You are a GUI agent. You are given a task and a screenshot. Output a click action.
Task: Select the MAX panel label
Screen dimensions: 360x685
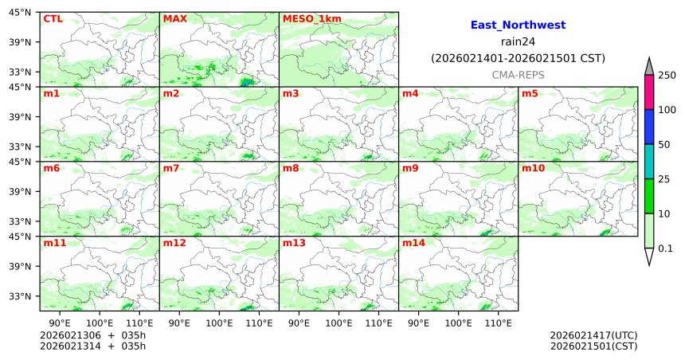[x=174, y=18]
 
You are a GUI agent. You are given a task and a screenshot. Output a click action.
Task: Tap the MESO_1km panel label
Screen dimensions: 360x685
[x=306, y=18]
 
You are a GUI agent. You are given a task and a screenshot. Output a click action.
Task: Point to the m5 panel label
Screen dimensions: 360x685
[x=529, y=93]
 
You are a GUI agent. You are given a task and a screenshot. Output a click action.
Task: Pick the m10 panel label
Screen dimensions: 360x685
[x=533, y=168]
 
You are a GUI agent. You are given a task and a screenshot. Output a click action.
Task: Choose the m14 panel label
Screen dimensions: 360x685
[x=413, y=243]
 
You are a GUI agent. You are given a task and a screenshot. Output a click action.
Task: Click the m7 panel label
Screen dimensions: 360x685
[x=170, y=168]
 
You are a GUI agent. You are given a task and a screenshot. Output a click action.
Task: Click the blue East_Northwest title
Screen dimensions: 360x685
[x=518, y=25]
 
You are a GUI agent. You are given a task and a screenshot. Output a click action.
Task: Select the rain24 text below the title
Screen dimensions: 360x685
[x=518, y=42]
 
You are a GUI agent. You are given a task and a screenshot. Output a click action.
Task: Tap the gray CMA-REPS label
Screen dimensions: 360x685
[x=518, y=74]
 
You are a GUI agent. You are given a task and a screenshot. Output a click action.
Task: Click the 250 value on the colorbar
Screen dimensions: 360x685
[x=667, y=75]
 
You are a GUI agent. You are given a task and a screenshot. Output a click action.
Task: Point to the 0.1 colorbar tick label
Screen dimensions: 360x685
[x=665, y=248]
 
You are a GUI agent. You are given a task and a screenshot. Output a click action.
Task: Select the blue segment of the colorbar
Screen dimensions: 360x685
[x=649, y=127]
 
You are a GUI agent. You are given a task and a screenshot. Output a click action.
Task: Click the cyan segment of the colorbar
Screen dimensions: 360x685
[x=649, y=162]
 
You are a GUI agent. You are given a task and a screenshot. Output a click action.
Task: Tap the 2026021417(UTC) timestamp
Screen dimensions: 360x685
[x=593, y=335]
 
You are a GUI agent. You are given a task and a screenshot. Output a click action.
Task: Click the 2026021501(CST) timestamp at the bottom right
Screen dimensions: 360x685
[x=593, y=346]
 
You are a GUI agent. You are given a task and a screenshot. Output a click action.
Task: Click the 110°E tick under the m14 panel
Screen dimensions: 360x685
[x=499, y=323]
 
